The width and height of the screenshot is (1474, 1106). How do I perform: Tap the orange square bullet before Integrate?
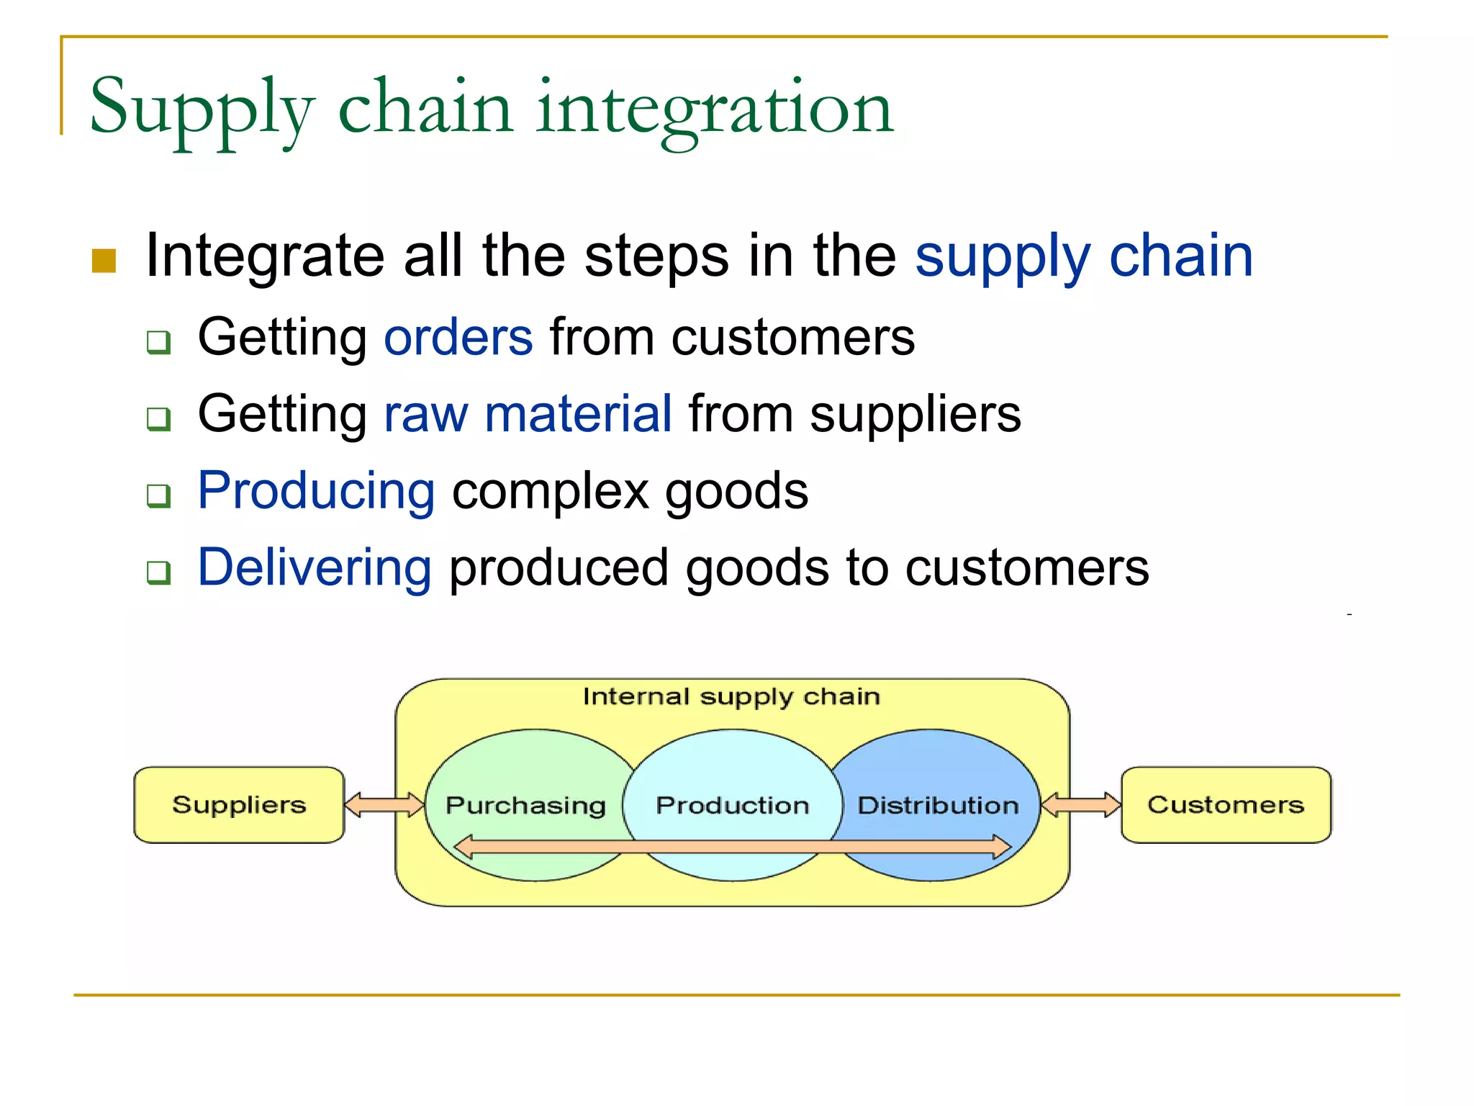[x=104, y=261]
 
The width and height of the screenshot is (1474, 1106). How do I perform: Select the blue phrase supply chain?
[x=1083, y=256]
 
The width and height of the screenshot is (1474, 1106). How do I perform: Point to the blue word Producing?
[x=316, y=491]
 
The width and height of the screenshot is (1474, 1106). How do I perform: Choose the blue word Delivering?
[x=315, y=567]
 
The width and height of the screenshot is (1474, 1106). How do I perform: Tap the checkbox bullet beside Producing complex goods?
[x=158, y=495]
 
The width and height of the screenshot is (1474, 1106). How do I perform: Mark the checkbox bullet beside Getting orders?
[x=158, y=342]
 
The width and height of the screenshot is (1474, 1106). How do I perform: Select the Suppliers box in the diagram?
[x=239, y=804]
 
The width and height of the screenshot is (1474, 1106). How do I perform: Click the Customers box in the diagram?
[x=1226, y=804]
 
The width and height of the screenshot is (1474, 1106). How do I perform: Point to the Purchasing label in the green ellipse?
[x=525, y=805]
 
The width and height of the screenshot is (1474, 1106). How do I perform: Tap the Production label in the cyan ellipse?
[x=732, y=805]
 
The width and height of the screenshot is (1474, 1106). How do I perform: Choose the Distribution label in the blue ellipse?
[x=938, y=805]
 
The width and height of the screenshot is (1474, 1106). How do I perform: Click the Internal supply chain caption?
[x=731, y=696]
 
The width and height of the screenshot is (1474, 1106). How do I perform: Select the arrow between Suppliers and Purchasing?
[x=384, y=804]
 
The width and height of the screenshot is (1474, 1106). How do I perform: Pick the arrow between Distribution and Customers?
[x=1080, y=804]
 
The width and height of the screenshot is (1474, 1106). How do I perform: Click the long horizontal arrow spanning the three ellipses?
[x=732, y=847]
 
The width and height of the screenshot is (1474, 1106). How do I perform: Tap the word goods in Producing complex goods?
[x=736, y=491]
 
